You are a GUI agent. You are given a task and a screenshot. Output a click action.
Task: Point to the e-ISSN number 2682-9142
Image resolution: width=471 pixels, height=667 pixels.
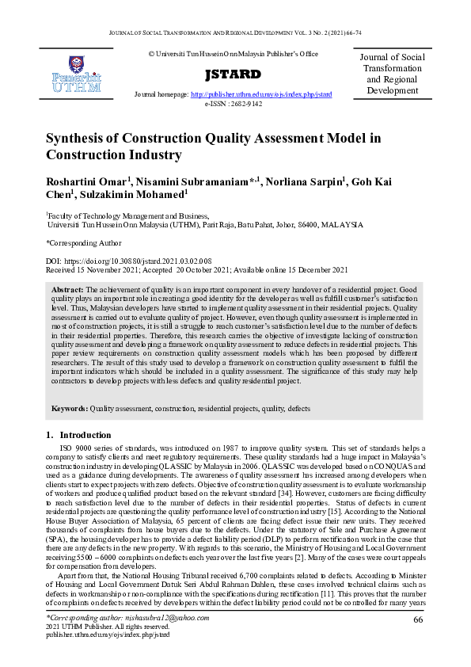[x=241, y=103]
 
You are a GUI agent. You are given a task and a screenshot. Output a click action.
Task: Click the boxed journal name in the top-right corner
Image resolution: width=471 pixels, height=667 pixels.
[x=392, y=74]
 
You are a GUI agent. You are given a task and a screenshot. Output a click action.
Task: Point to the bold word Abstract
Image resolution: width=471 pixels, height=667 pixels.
[x=67, y=291]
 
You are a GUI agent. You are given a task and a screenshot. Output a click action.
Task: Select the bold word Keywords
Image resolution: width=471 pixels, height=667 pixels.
[x=70, y=408]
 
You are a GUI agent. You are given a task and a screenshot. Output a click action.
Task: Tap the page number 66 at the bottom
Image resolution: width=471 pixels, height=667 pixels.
[x=418, y=641]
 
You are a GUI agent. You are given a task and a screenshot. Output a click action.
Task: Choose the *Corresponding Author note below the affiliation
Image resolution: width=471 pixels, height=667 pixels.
[x=83, y=242]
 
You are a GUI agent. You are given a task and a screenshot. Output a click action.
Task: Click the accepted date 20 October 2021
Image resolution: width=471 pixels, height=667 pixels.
[x=196, y=269]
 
